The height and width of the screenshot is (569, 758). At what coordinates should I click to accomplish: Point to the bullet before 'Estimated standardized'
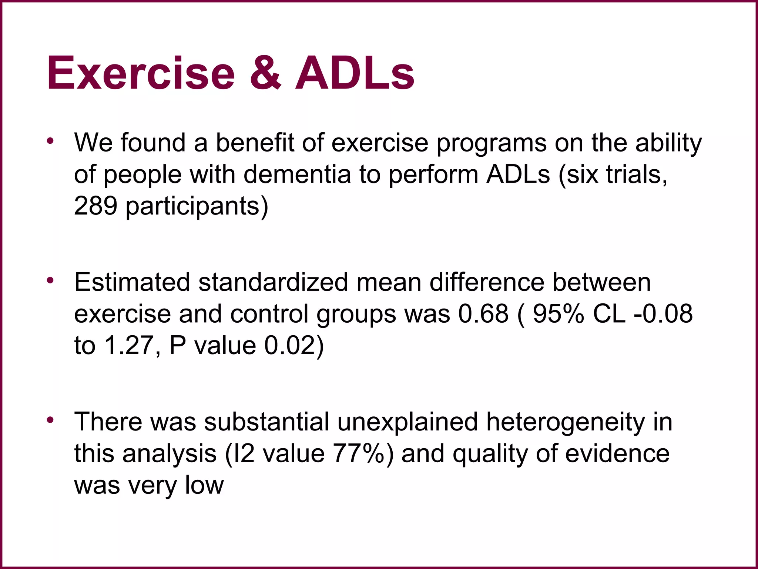coord(51,281)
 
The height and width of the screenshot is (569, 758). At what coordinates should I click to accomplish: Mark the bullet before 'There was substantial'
coord(51,420)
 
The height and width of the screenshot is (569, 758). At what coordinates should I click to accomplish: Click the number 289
coord(95,206)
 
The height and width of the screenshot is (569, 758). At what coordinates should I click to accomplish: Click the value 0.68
coord(483,314)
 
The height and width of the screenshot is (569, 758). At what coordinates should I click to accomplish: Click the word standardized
coord(273,282)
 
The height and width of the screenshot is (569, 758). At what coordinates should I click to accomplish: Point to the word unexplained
coord(407,422)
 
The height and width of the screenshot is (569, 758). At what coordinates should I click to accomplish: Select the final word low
coord(204,485)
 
